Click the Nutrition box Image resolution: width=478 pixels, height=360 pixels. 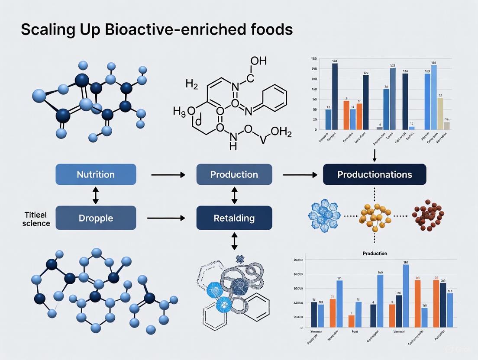coord(96,175)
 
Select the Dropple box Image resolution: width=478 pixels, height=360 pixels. coord(96,218)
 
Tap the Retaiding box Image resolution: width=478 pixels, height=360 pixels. coord(234,218)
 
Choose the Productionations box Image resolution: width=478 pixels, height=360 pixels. coord(375,175)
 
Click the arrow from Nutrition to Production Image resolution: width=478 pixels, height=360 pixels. coord(168,175)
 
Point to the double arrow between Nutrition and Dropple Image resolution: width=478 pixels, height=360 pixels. coord(96,196)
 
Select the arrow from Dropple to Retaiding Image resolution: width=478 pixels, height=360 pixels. coord(166,218)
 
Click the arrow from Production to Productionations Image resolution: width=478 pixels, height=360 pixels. coord(300,175)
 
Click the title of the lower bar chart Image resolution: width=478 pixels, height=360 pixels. coord(375,253)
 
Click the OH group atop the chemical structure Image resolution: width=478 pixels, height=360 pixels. coord(258,61)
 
